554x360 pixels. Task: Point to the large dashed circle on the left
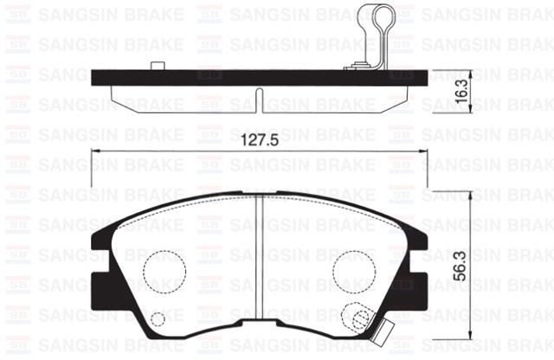(164, 270)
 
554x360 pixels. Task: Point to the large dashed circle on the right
(355, 270)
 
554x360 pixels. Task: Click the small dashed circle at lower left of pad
(158, 319)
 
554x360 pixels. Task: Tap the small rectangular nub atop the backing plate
(157, 66)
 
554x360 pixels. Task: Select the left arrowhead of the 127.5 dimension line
(95, 154)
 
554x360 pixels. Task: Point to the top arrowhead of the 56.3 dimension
(468, 195)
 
